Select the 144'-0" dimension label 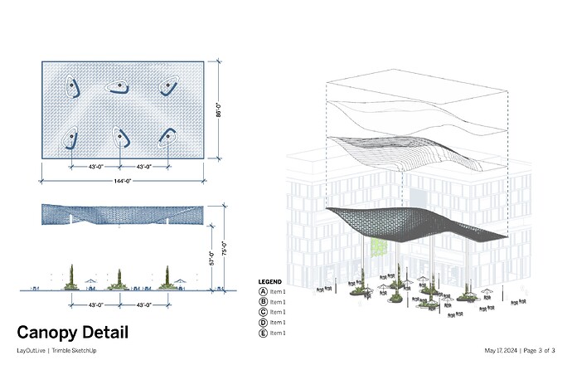tap(123, 181)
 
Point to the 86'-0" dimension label tap(219, 110)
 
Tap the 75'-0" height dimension tap(225, 248)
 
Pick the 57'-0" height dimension tap(212, 258)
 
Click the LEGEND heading tap(270, 282)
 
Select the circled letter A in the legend tap(263, 291)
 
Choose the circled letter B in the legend tap(263, 302)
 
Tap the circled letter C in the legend tap(263, 312)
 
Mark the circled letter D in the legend tap(263, 323)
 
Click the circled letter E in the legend tap(263, 333)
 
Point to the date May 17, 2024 tap(501, 351)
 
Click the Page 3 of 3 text tap(539, 351)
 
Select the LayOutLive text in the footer tap(31, 351)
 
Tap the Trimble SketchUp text tap(74, 351)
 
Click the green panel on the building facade tap(378, 248)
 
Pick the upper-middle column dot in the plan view tap(119, 85)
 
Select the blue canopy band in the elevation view tap(123, 215)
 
